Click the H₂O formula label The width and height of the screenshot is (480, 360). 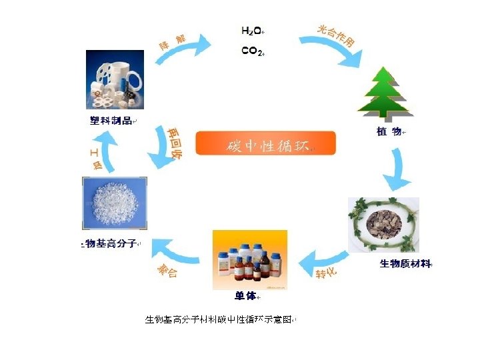tap(251, 31)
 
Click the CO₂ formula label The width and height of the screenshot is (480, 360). tap(251, 51)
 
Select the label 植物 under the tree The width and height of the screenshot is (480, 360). tap(389, 131)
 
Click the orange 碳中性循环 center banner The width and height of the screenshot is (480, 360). tap(266, 145)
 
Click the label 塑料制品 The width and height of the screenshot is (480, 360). tap(111, 121)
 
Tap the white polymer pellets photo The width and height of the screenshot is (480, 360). tap(111, 201)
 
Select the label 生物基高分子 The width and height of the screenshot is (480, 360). tap(111, 244)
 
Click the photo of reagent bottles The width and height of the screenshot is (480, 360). tap(249, 257)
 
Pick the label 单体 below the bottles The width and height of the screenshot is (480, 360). tap(245, 295)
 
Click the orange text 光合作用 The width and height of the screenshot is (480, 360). tap(336, 36)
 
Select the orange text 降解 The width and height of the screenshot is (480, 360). tap(171, 41)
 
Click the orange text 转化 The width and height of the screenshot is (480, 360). tap(326, 273)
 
